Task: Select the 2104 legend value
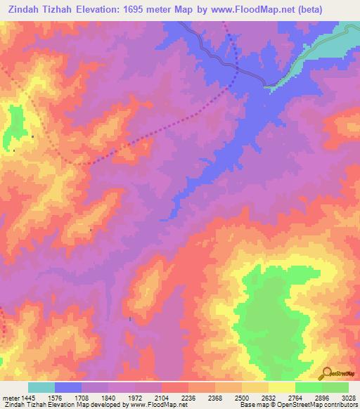pyautogui.click(x=172, y=398)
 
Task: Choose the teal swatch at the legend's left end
pyautogui.click(x=41, y=387)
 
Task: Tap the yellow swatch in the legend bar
pyautogui.click(x=281, y=387)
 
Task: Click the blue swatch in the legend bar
pyautogui.click(x=68, y=387)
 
